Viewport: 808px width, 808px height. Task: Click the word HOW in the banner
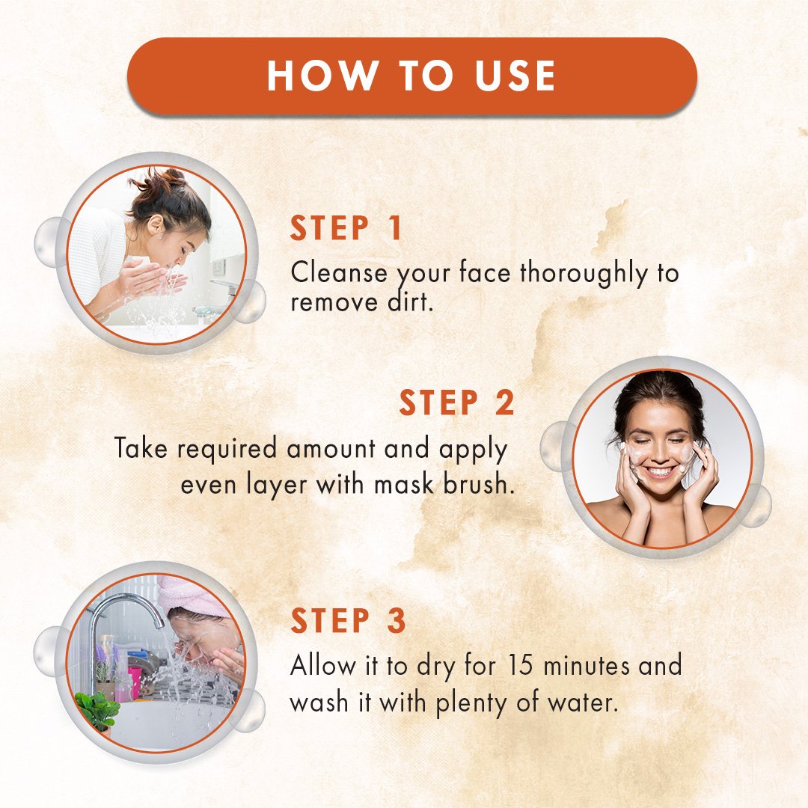click(x=322, y=76)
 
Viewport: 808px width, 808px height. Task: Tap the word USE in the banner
click(x=515, y=76)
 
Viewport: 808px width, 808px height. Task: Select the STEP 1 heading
click(x=346, y=228)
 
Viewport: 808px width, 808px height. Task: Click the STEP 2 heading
click(x=456, y=403)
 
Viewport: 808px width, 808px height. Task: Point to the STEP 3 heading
click(x=349, y=620)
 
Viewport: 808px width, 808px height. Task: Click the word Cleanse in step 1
click(x=339, y=272)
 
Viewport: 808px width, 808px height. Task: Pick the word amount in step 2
click(x=331, y=448)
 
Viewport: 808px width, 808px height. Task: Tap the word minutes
click(x=586, y=665)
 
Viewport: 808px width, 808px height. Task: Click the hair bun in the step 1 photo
click(x=161, y=181)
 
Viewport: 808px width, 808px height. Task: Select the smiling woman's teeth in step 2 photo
click(x=661, y=471)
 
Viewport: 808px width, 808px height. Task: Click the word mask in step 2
click(x=403, y=484)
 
